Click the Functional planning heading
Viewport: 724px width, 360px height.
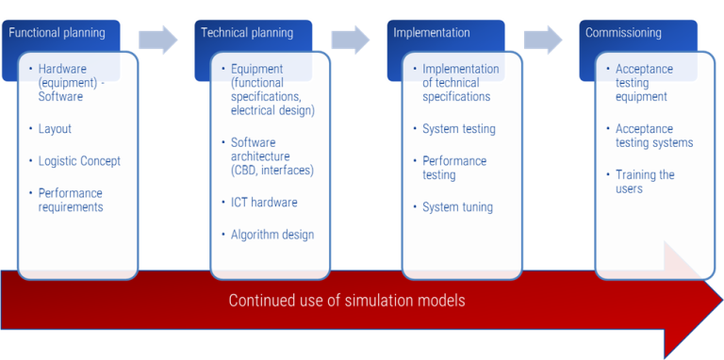click(x=57, y=33)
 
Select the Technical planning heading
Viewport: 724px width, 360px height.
click(x=247, y=33)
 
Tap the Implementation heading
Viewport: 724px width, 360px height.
click(x=432, y=33)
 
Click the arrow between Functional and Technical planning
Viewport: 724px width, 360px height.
click(x=157, y=39)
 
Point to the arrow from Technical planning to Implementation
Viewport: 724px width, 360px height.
click(x=351, y=39)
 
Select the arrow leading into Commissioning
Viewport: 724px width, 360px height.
click(x=543, y=39)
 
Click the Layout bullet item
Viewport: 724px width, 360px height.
click(x=55, y=129)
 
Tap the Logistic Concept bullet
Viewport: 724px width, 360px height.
click(x=79, y=161)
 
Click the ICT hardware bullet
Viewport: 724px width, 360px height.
click(x=264, y=203)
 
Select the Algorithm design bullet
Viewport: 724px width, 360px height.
click(x=272, y=235)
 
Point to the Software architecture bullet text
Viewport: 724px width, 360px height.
click(x=271, y=156)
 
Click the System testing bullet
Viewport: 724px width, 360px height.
click(x=458, y=129)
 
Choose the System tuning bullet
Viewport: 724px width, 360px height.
click(x=457, y=207)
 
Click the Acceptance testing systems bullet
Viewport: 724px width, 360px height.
click(x=653, y=136)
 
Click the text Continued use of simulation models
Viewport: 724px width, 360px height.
click(x=347, y=302)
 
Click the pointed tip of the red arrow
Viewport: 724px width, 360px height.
click(x=718, y=301)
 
